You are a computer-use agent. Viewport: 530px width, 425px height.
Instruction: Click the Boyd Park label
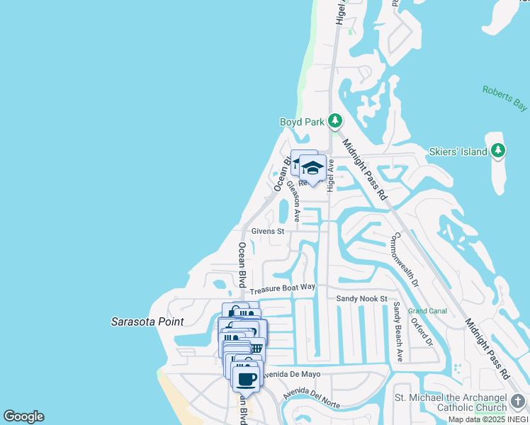tap(302, 121)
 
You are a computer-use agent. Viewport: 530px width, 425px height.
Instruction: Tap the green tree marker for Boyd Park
tap(335, 121)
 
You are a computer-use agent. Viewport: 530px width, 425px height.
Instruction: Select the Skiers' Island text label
tap(458, 152)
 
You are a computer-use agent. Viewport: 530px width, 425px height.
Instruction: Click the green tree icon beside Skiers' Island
tap(498, 150)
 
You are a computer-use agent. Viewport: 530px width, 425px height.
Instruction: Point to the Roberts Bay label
tap(505, 98)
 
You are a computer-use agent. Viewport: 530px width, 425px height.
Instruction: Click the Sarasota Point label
tap(147, 322)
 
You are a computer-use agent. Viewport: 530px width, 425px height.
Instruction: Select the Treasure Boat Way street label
tap(282, 288)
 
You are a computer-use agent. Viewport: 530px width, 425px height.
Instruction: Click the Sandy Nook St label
tap(361, 299)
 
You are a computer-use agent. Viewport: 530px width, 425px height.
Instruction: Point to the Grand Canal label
tap(427, 311)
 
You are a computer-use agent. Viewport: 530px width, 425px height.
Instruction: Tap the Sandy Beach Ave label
tap(398, 332)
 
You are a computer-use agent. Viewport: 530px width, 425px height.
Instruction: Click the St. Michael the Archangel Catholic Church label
tap(451, 402)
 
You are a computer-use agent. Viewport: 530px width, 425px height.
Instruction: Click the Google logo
tap(23, 416)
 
